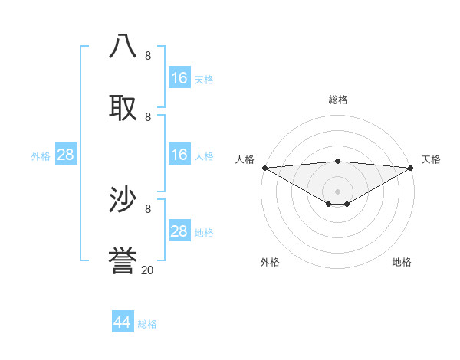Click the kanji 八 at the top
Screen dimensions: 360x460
(x=123, y=46)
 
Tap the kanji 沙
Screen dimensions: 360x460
(x=123, y=200)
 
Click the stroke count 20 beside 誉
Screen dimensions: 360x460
(x=147, y=270)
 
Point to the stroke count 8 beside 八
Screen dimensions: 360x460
(x=148, y=56)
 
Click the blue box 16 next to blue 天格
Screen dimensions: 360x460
(x=179, y=78)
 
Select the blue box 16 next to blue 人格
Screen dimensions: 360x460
(x=179, y=155)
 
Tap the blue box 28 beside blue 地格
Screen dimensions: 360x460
(x=179, y=231)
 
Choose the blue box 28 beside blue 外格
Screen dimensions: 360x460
(x=66, y=155)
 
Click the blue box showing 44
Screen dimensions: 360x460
(x=123, y=322)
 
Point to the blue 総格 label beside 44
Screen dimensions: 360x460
(x=147, y=324)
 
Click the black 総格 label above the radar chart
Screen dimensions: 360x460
(x=337, y=100)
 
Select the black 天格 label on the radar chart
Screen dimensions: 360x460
(x=431, y=159)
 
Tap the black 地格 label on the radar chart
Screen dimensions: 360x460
(x=402, y=262)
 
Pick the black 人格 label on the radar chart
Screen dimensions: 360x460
(x=245, y=159)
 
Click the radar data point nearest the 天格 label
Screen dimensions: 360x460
(x=411, y=168)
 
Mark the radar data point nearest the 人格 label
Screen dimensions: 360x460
(x=264, y=168)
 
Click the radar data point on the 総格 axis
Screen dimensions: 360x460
(x=337, y=161)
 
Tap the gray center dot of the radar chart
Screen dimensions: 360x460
(x=337, y=191)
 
